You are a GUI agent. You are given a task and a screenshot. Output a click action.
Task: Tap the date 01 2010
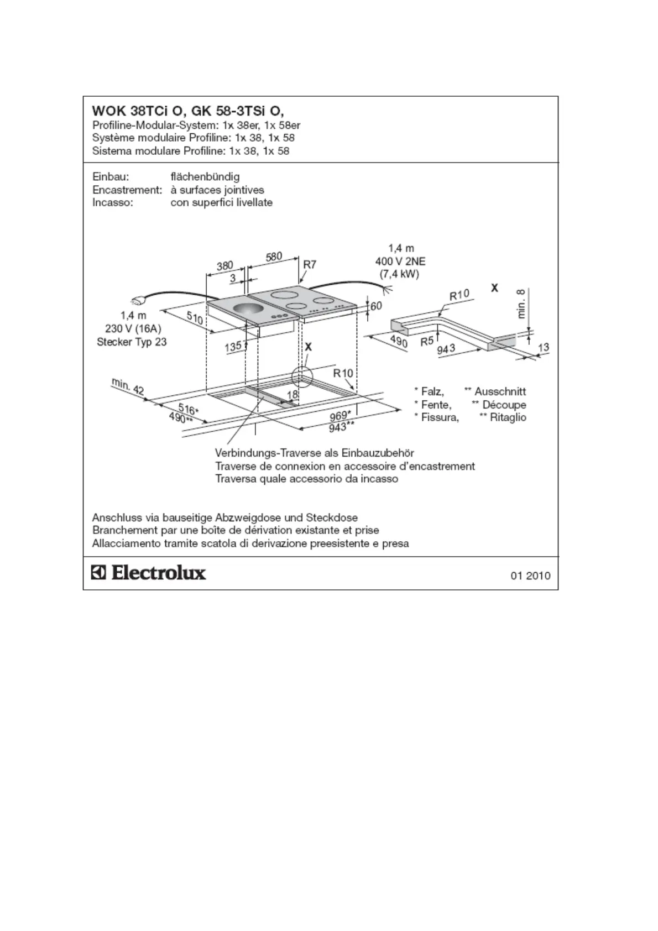[530, 576]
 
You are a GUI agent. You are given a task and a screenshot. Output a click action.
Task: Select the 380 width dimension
[224, 265]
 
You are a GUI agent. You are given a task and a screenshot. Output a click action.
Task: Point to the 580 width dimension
[274, 257]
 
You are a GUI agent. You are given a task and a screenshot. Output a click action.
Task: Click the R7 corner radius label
[310, 264]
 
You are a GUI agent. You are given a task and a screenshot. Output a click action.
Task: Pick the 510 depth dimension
[194, 318]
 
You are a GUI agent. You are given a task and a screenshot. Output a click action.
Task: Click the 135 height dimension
[233, 347]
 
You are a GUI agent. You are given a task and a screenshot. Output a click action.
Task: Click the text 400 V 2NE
[400, 261]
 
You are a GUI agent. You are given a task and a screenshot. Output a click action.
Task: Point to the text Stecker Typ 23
[132, 342]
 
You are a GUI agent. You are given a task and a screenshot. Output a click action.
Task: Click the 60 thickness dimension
[376, 306]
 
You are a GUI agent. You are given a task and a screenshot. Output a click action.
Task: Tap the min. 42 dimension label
[128, 386]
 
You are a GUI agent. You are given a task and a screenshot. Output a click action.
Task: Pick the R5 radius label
[427, 341]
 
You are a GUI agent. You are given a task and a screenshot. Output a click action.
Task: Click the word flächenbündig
[205, 177]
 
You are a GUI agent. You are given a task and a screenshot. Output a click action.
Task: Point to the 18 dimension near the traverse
[293, 394]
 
